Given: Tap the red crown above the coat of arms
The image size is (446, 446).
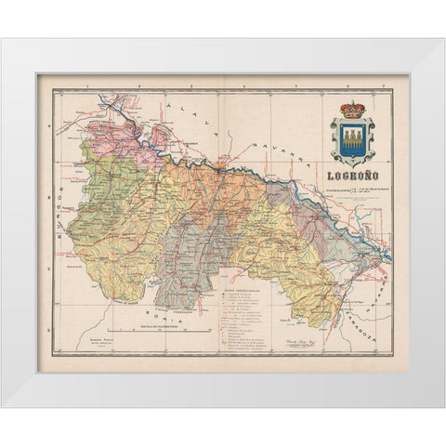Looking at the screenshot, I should (352, 110).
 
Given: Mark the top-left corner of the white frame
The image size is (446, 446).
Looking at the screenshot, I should (3, 40).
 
